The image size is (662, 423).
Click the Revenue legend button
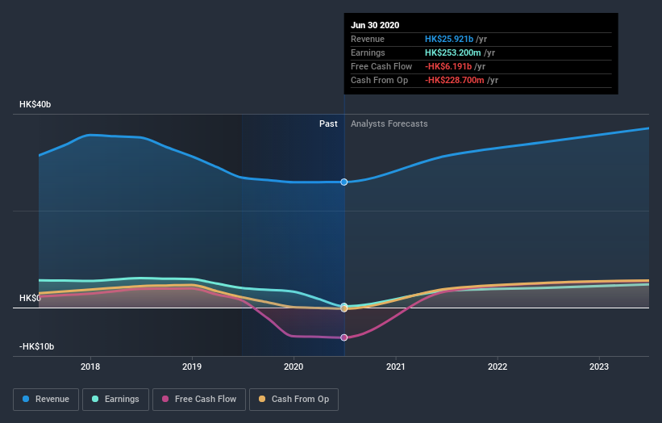coord(46,399)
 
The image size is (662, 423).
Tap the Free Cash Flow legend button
coord(198,399)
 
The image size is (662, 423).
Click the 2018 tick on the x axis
coord(90,366)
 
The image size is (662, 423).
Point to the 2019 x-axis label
coord(192,366)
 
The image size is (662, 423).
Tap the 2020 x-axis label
coord(294,366)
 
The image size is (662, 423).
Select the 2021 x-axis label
coord(396,366)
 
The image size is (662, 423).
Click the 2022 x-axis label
coord(498,366)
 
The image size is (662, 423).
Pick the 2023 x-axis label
coord(599,366)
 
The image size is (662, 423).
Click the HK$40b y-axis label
coord(35,105)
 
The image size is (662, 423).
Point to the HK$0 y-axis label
coord(30,298)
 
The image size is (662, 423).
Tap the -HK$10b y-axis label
coord(37,346)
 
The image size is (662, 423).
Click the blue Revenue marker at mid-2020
coord(344,182)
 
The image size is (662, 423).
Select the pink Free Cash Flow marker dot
coord(344,337)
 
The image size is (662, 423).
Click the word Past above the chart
coord(328,124)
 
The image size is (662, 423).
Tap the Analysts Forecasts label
coord(389,124)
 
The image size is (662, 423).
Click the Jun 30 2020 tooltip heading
coord(375,25)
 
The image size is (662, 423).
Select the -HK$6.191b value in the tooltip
coord(452,66)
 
